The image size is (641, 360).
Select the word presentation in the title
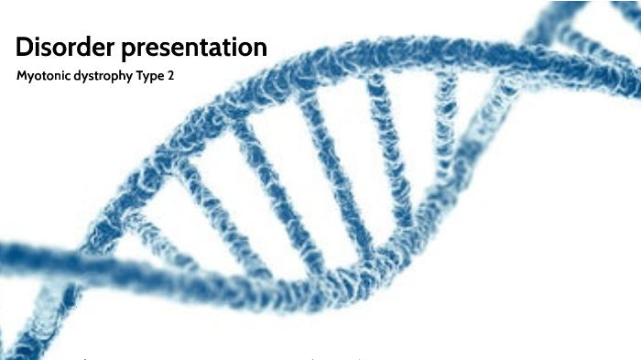click(x=196, y=49)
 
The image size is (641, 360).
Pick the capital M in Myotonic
click(x=22, y=78)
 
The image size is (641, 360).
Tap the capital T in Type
click(x=141, y=78)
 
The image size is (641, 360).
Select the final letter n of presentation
click(x=260, y=49)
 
